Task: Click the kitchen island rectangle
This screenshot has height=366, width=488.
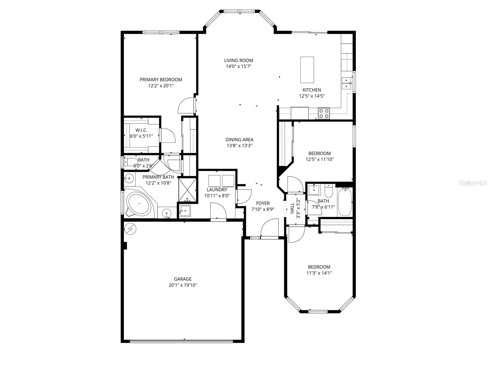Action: [307, 70]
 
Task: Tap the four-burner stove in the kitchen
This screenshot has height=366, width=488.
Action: [324, 113]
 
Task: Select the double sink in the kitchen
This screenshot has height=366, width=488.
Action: [346, 83]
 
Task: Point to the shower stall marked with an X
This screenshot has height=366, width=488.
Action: [186, 190]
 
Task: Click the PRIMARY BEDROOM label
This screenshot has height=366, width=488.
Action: [161, 80]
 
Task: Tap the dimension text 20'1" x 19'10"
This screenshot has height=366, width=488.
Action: [183, 285]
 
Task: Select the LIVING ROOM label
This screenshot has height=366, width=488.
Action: [239, 60]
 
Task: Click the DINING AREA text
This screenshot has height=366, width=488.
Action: [239, 140]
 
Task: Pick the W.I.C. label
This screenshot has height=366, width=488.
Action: [142, 130]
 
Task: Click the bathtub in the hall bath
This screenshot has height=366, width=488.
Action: [345, 201]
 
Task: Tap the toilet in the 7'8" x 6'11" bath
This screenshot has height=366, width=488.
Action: [328, 191]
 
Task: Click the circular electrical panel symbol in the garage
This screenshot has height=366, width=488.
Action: [131, 228]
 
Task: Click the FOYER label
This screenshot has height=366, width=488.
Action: [263, 203]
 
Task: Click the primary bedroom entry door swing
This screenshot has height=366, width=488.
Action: [186, 106]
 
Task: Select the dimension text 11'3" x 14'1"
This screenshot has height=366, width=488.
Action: [319, 273]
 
